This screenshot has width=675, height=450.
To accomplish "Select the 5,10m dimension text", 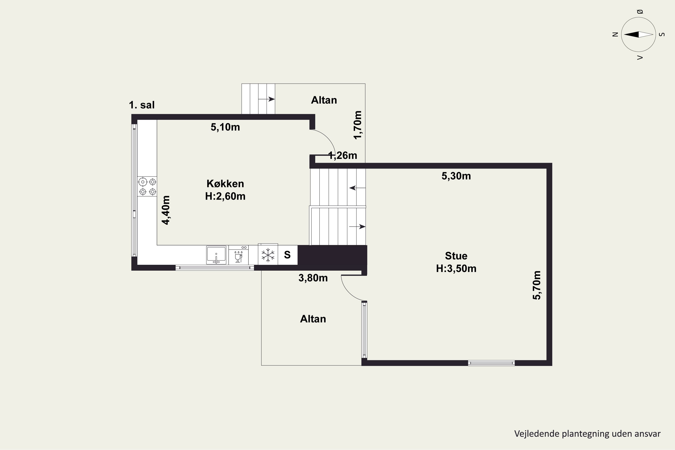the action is [225, 127].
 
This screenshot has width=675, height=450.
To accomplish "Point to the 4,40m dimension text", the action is [166, 210].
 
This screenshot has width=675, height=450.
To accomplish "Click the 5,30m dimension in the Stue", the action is [456, 176].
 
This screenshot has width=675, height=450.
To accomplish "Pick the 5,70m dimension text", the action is [537, 285].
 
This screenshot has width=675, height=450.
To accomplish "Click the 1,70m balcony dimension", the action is [358, 125].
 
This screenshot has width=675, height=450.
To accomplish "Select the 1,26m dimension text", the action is [343, 155].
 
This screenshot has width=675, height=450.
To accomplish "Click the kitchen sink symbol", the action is [216, 255].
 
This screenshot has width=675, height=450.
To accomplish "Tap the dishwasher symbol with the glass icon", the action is [238, 255].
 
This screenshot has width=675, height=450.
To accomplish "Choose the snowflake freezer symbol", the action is [268, 255].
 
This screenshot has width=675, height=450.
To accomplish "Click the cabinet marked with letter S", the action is [288, 255].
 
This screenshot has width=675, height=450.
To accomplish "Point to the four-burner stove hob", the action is [147, 187].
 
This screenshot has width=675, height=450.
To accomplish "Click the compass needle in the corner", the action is [639, 34].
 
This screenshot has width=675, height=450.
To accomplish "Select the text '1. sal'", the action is [142, 105].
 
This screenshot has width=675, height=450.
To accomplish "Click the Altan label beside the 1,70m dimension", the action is [324, 100].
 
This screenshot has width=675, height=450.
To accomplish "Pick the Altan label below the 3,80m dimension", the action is [313, 319].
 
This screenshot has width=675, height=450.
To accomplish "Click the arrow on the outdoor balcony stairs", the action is [267, 99].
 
